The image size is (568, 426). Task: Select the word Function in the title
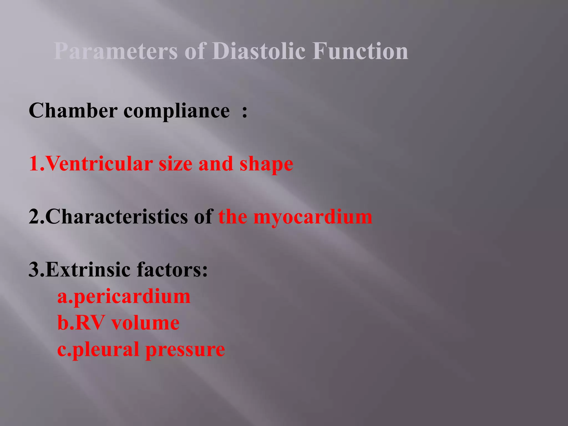pyautogui.click(x=360, y=51)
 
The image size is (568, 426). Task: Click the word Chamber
pyautogui.click(x=73, y=111)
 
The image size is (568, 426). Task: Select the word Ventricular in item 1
pyautogui.click(x=98, y=164)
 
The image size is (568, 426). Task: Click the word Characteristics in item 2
pyautogui.click(x=116, y=217)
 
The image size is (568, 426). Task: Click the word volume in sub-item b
pyautogui.click(x=145, y=323)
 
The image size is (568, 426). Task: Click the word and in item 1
pyautogui.click(x=215, y=164)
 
